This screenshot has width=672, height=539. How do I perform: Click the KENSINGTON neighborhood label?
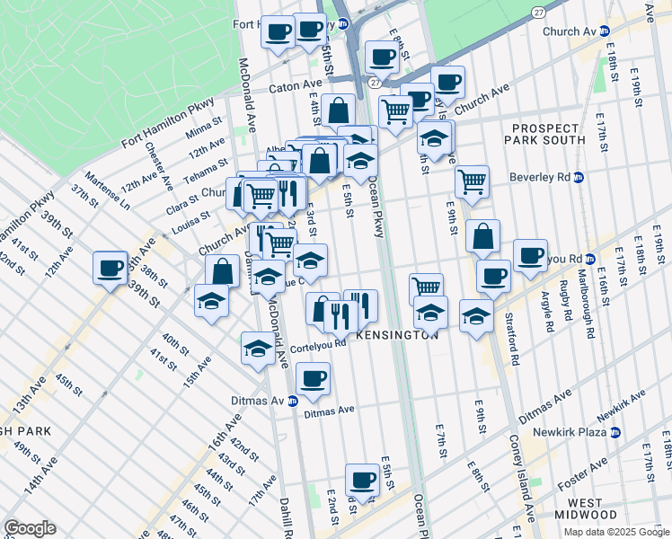(x=397, y=334)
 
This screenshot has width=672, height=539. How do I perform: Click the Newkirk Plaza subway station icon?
(x=615, y=432)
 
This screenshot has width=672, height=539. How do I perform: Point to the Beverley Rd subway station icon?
(x=579, y=177)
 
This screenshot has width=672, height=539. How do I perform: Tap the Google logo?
(x=30, y=528)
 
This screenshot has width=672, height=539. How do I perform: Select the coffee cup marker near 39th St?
(x=111, y=268)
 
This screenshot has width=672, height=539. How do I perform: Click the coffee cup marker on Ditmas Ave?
(x=312, y=379)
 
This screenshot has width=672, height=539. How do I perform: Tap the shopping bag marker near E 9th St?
(x=482, y=238)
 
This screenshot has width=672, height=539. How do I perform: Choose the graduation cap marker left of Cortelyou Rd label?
(x=258, y=348)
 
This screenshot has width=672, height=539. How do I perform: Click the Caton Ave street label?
(x=296, y=90)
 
